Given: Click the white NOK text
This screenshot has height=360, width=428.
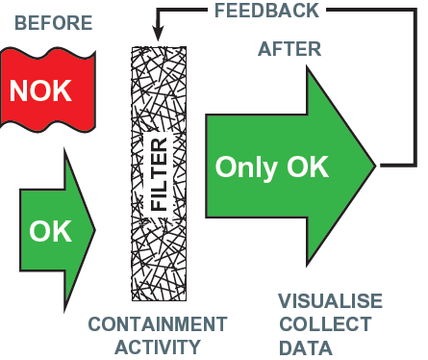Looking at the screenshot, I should (39, 92).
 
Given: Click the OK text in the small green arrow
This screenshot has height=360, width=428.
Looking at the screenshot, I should (49, 232).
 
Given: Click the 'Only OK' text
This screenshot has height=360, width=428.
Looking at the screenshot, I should (272, 167).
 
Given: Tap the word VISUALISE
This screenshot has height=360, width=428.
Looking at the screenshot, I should (330, 302).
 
